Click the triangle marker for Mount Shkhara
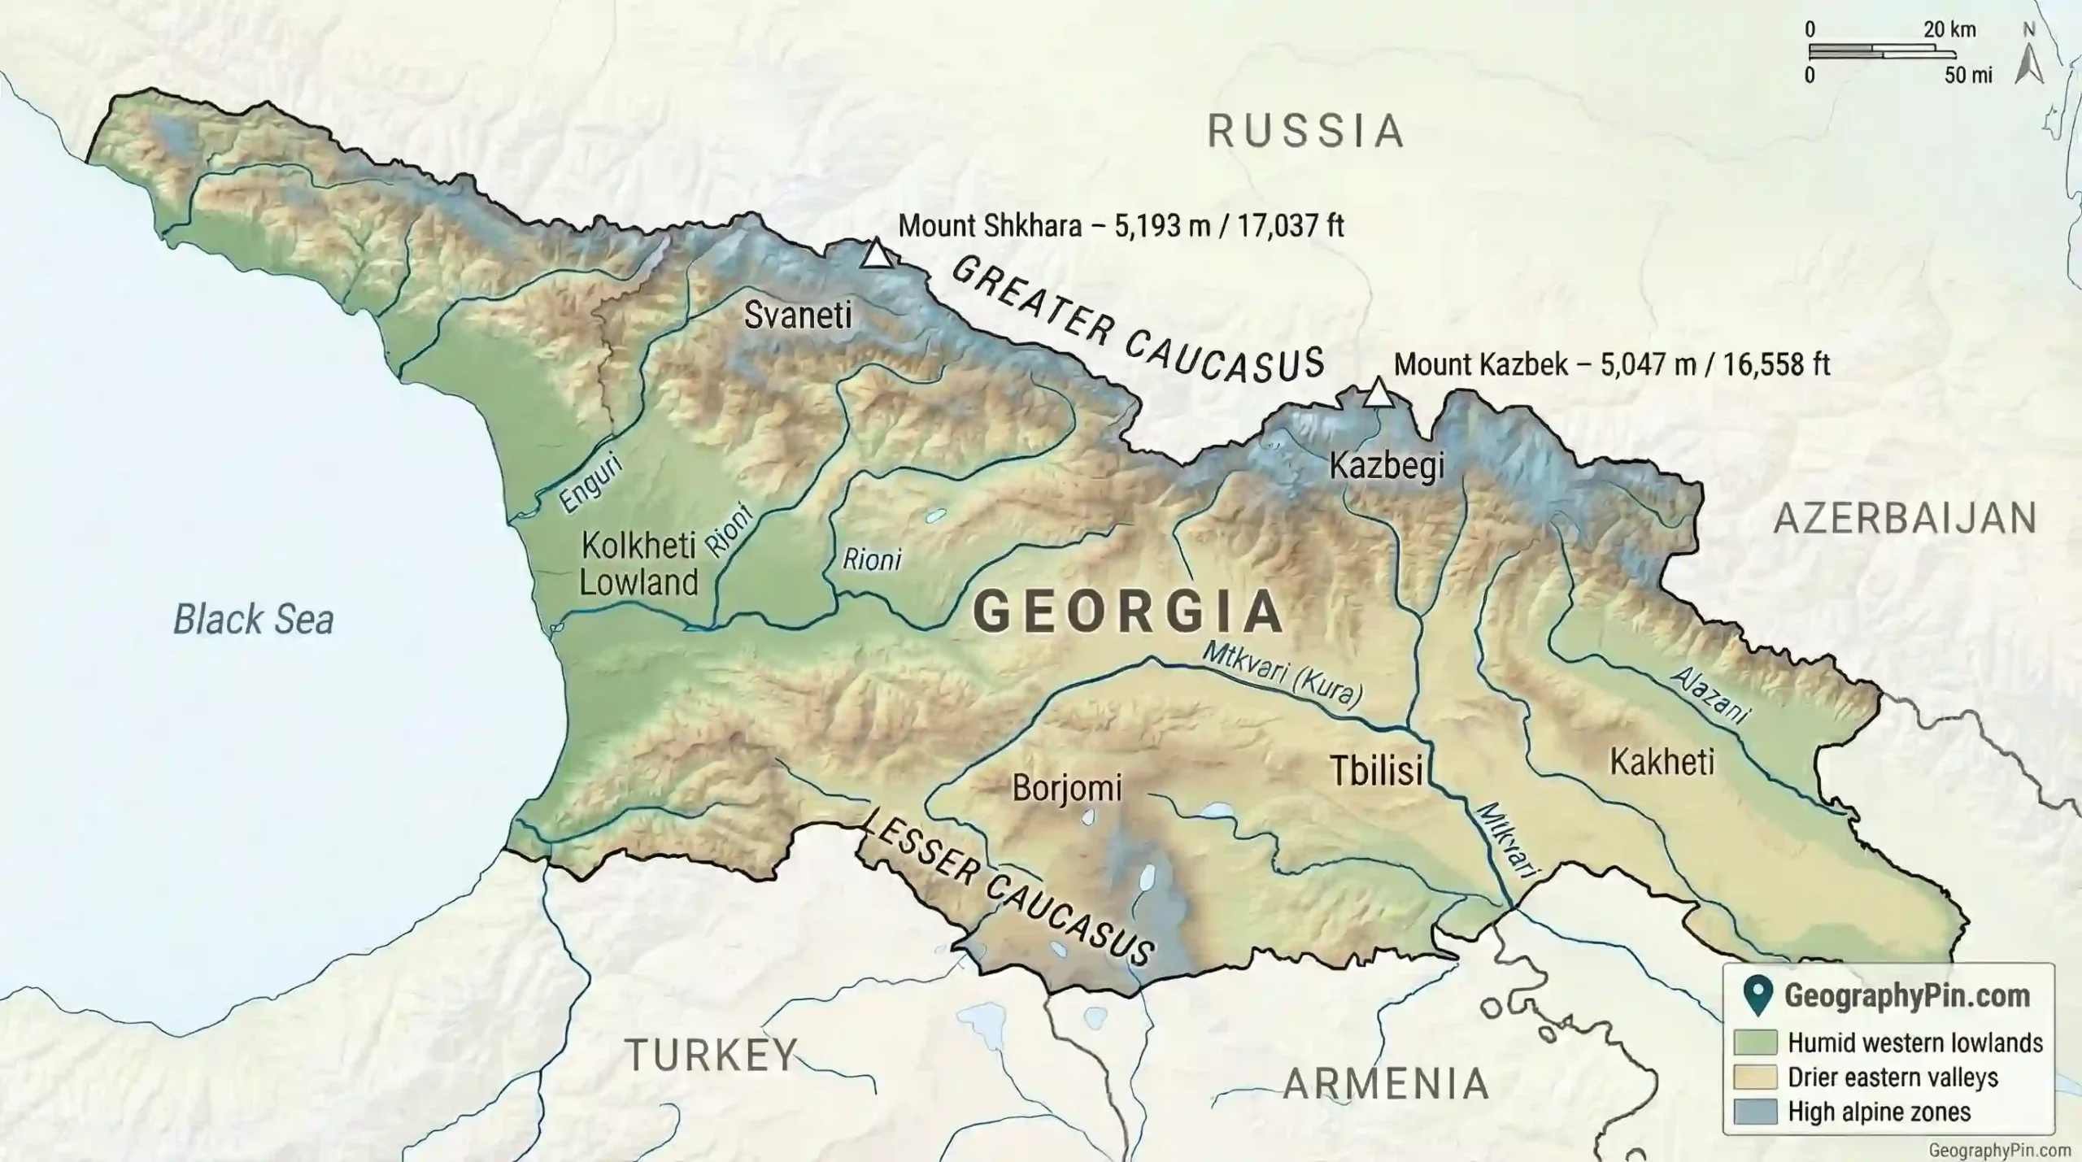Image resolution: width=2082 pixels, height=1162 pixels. pos(876,255)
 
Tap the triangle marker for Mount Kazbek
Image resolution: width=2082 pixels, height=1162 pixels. pos(1378,393)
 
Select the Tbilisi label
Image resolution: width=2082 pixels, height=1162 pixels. pos(1376,770)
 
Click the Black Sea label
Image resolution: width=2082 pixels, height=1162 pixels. pos(254,620)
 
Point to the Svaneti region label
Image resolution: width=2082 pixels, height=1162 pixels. pos(798,316)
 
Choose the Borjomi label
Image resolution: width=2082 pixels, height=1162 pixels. pos(1066,787)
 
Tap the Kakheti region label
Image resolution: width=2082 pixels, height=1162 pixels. pos(1662,762)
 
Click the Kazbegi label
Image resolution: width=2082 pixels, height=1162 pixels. pos(1387,466)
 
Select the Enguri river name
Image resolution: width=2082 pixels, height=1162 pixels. pos(591,484)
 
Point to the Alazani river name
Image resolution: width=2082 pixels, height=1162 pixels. pos(1710,695)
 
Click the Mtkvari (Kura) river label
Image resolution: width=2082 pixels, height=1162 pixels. pos(1283,674)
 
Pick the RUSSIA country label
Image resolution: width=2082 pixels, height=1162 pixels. pos(1306,132)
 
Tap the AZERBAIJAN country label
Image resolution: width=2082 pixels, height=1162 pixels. pos(1906,519)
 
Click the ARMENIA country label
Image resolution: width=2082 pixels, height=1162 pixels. pos(1386,1084)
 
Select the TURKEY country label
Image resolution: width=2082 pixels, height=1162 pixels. pos(712,1055)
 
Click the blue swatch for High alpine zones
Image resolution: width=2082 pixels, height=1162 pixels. pos(1754,1112)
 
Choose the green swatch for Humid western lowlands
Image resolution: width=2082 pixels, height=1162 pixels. pos(1754,1042)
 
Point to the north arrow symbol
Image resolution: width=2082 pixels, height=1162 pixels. pos(2029,63)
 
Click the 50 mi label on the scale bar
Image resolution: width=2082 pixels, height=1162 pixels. pos(1968,76)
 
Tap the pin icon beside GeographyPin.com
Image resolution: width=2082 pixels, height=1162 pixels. pos(1758,996)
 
